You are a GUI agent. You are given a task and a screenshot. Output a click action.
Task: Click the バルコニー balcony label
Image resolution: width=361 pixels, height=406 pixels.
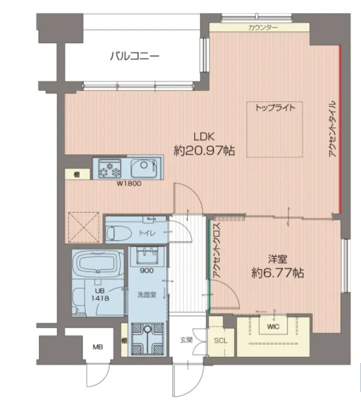point(135,57)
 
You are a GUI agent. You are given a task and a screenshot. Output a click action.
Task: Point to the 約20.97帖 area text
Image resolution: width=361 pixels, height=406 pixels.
point(204,151)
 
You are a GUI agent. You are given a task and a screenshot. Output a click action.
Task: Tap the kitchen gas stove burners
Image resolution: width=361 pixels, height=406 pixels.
point(109,168)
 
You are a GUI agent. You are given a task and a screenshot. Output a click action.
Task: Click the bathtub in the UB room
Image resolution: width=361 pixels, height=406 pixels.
point(98,264)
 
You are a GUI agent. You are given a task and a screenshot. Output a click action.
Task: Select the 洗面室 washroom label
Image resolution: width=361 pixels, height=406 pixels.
point(146,294)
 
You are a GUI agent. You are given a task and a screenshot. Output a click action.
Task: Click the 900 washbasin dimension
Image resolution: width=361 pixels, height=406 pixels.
point(147,271)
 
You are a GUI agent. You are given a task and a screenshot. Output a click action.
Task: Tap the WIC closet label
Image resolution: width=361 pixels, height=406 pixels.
point(272,325)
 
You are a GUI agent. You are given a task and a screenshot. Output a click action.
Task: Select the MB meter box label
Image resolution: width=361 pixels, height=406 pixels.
point(97,347)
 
